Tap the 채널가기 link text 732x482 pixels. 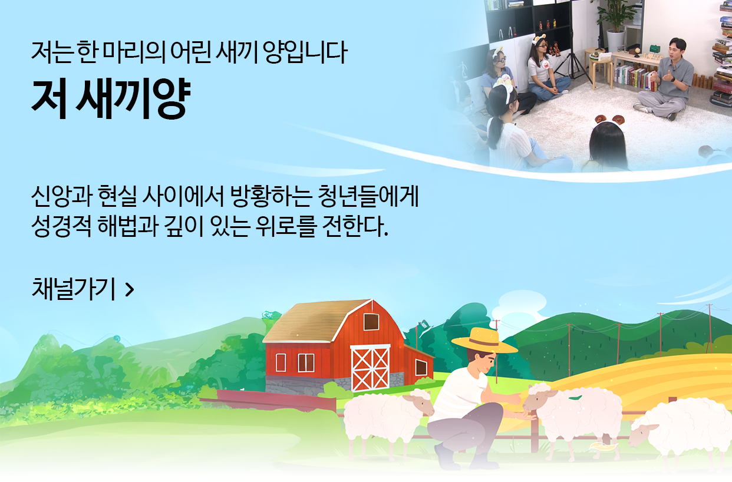click(74, 289)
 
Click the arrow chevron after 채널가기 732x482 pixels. click(130, 289)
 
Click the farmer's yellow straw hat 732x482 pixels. click(484, 340)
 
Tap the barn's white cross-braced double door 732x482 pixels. click(371, 368)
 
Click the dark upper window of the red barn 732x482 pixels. click(371, 322)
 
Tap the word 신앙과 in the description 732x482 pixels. click(61, 196)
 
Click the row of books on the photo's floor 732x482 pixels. click(635, 77)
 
